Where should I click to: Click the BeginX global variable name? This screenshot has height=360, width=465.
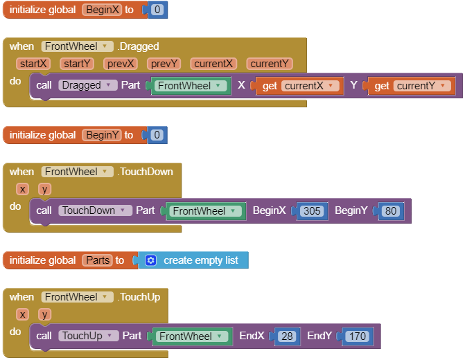pyautogui.click(x=101, y=10)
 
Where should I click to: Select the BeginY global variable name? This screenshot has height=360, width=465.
pyautogui.click(x=101, y=135)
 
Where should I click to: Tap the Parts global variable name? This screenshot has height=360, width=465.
pyautogui.click(x=97, y=260)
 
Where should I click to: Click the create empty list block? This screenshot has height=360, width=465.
pyautogui.click(x=200, y=260)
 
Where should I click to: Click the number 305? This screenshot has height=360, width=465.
pyautogui.click(x=312, y=210)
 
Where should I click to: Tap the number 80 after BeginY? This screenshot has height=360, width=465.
pyautogui.click(x=391, y=210)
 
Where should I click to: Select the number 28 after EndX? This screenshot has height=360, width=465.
pyautogui.click(x=287, y=336)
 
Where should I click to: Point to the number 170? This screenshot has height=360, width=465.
pyautogui.click(x=357, y=336)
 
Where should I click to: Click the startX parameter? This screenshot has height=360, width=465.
pyautogui.click(x=33, y=64)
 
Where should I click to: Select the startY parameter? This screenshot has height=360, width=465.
pyautogui.click(x=77, y=64)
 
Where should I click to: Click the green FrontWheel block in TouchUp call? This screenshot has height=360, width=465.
pyautogui.click(x=191, y=336)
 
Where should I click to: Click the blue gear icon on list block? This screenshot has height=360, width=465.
pyautogui.click(x=150, y=260)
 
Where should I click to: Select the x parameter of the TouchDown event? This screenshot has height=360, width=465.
pyautogui.click(x=23, y=189)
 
